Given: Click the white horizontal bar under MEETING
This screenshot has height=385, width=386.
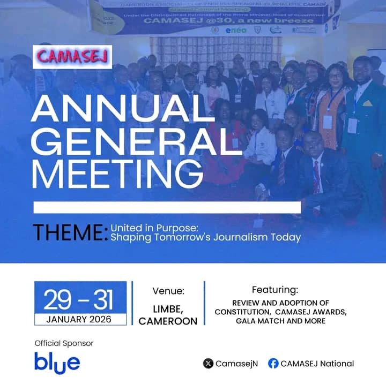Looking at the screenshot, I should (x=167, y=207).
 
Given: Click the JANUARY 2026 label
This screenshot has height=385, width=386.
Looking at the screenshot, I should (x=79, y=319).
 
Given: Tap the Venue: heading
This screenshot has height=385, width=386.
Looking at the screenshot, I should (x=168, y=292).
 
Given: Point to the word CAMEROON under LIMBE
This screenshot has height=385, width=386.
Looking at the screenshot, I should (x=168, y=321).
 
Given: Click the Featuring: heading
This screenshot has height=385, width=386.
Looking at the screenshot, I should (x=274, y=290).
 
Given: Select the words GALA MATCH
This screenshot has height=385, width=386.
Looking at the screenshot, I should (x=258, y=321).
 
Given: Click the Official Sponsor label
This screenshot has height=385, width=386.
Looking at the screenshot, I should (x=64, y=343).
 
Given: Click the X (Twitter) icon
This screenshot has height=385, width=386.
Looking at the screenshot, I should (x=208, y=364).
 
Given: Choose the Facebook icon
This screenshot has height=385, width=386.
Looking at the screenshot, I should (x=273, y=364).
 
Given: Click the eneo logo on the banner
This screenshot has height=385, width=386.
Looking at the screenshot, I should (x=236, y=31).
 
